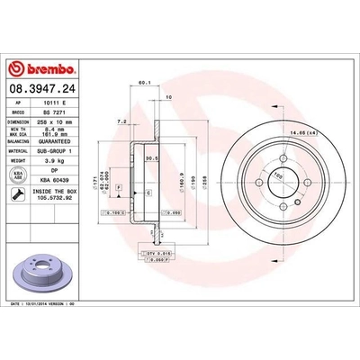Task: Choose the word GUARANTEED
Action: tap(57, 145)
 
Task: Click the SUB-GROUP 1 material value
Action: tap(57, 154)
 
